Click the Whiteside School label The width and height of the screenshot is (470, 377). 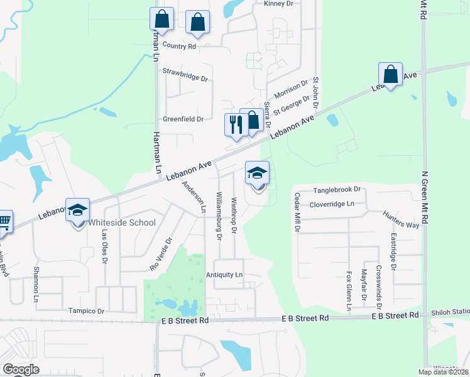pos(122,222)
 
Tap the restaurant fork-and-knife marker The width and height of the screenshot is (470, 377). pos(236,124)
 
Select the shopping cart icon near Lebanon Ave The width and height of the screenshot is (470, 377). pos(4,221)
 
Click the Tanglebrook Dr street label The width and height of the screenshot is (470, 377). pos(337,189)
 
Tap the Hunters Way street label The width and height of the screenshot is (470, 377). pos(402,219)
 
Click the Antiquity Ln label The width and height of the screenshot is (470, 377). pos(224,275)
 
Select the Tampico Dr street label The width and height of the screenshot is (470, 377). pos(87,310)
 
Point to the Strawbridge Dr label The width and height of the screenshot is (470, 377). pos(185,75)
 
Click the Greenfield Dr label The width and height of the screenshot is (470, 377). pos(183,118)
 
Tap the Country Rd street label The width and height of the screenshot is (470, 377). pos(179,46)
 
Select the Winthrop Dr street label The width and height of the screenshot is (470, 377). pos(233,216)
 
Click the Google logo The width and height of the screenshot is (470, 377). pos(21,369)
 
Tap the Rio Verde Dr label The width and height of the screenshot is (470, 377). pos(161,253)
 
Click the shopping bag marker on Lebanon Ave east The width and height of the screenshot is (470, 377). pos(390,75)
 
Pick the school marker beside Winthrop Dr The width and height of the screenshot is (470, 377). pos(256,173)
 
